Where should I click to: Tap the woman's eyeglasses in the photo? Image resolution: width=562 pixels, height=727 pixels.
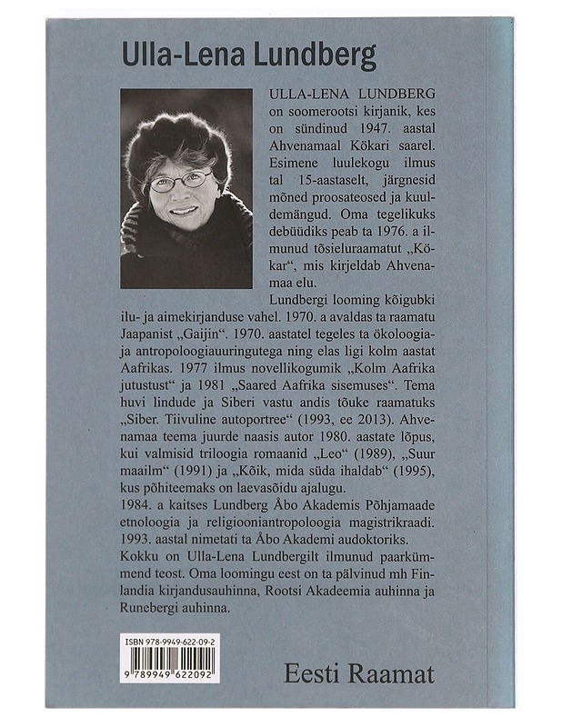coord(180,180)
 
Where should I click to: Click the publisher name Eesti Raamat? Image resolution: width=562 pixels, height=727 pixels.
coord(358,673)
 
